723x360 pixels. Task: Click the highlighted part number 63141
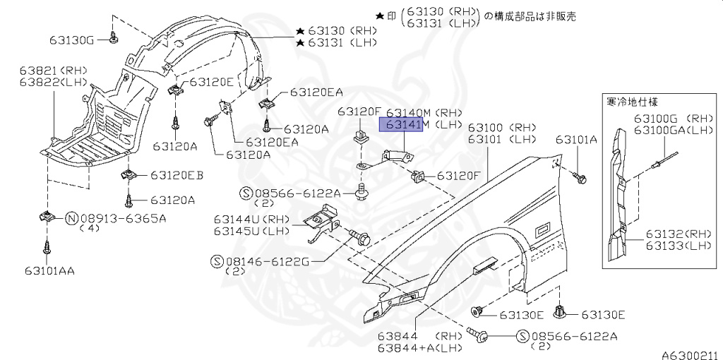401,126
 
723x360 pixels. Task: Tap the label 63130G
72,40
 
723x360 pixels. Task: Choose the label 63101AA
49,270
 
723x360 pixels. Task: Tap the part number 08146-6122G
268,261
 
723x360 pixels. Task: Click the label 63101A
576,140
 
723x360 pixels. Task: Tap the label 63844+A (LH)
419,348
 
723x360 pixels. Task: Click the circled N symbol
71,218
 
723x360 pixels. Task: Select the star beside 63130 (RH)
300,32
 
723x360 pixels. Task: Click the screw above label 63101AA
47,248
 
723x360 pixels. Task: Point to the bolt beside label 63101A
580,177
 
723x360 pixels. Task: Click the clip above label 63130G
114,35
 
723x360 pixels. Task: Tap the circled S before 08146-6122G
218,261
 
